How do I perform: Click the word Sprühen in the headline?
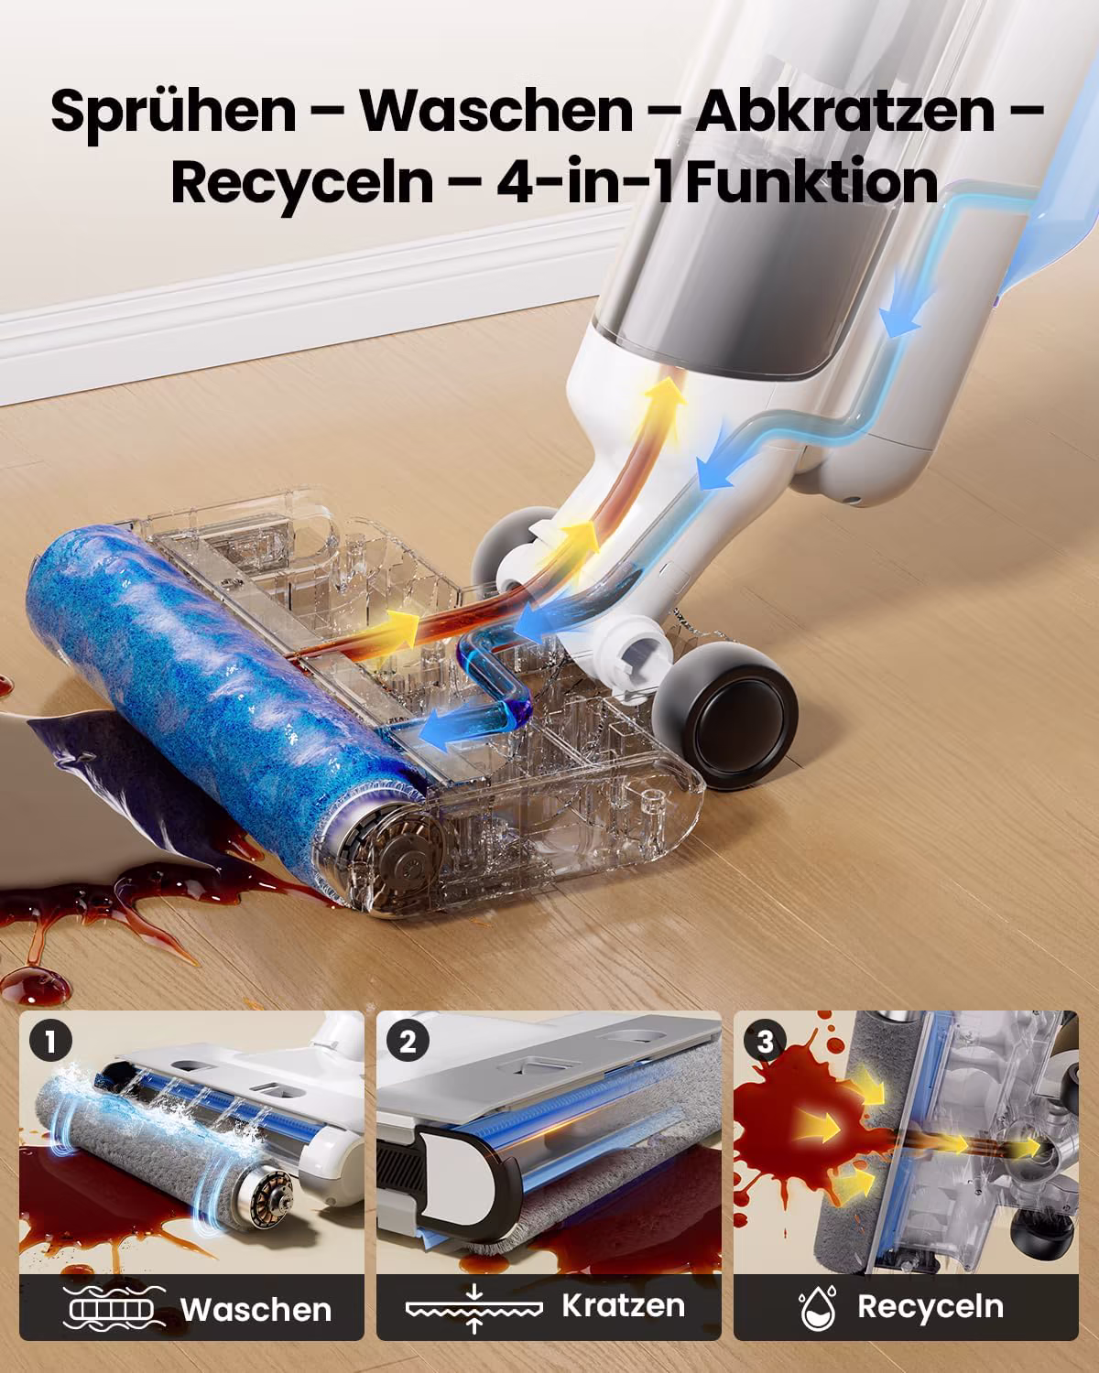(174, 113)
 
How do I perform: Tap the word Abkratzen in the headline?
(845, 111)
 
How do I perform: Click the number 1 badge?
(51, 1043)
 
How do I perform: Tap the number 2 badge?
(408, 1043)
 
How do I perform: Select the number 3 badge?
(765, 1043)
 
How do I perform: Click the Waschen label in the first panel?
(256, 1310)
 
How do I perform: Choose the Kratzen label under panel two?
(624, 1305)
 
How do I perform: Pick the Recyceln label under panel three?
(930, 1307)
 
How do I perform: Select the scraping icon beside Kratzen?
(473, 1308)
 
